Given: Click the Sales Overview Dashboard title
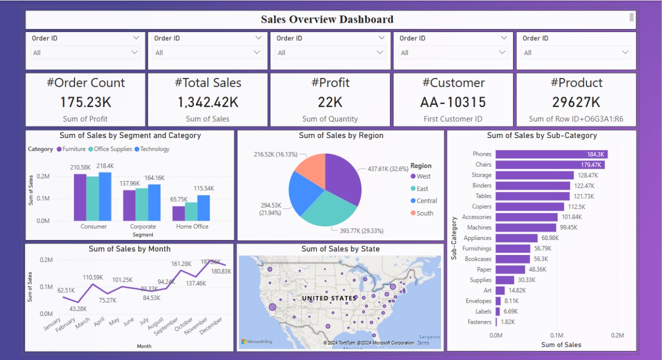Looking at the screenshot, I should pyautogui.click(x=327, y=20).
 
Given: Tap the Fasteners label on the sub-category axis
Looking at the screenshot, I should pyautogui.click(x=479, y=322).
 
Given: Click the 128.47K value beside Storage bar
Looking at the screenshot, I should pyautogui.click(x=588, y=175).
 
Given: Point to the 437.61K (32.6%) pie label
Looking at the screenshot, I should pyautogui.click(x=387, y=169).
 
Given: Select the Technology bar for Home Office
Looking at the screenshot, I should pyautogui.click(x=203, y=208).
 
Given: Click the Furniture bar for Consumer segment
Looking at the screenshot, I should pyautogui.click(x=80, y=197).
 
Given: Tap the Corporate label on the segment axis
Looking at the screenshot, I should pyautogui.click(x=143, y=227).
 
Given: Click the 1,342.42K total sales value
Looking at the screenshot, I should pyautogui.click(x=208, y=102).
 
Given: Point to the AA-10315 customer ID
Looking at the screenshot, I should pyautogui.click(x=453, y=102).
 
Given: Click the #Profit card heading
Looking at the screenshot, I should pyautogui.click(x=330, y=83).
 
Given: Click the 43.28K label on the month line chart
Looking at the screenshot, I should pyautogui.click(x=78, y=309).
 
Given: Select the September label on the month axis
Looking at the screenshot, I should pyautogui.click(x=167, y=326).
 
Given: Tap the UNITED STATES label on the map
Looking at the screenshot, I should pyautogui.click(x=329, y=298).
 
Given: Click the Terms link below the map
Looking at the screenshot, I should pyautogui.click(x=423, y=343).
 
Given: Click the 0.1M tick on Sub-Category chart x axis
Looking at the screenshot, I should pyautogui.click(x=556, y=335).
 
